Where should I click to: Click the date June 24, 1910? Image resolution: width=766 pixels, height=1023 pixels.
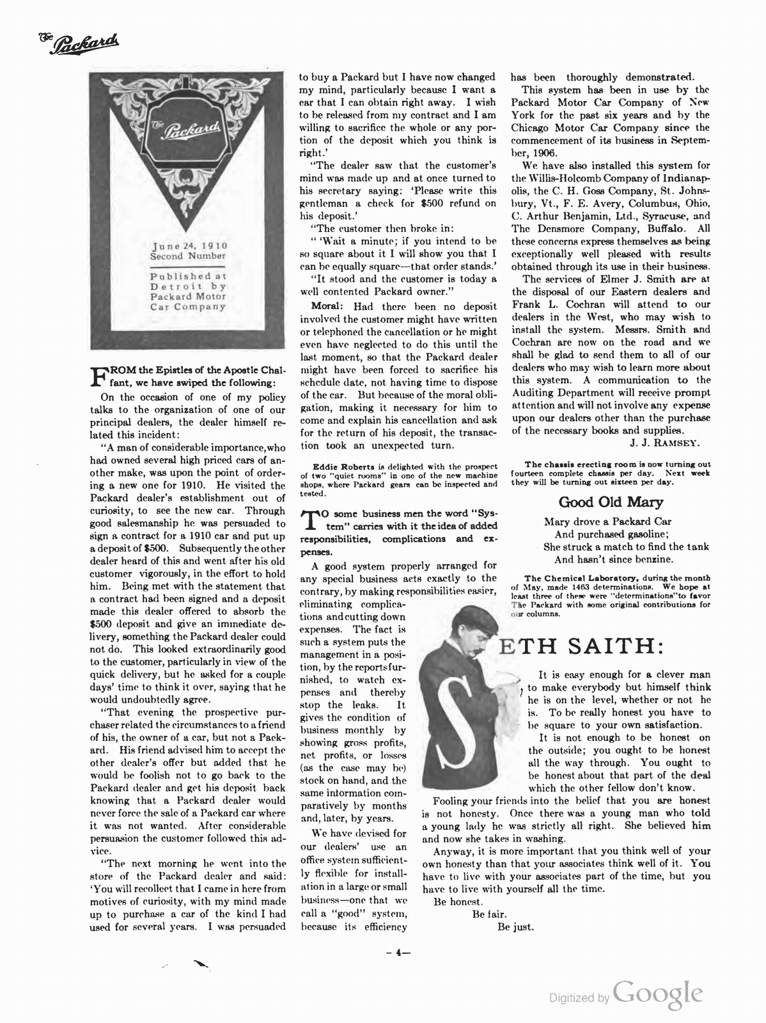(x=188, y=246)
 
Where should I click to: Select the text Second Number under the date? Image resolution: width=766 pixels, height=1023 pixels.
(x=188, y=256)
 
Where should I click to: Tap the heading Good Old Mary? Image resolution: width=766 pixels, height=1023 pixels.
(x=611, y=502)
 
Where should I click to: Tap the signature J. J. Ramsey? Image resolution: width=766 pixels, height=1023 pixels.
(x=666, y=442)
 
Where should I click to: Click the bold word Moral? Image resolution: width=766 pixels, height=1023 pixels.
(x=328, y=306)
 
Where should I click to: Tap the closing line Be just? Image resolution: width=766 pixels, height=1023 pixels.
(x=515, y=927)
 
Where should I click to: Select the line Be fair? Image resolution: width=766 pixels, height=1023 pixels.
(x=489, y=914)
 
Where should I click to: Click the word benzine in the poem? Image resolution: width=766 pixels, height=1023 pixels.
(x=650, y=559)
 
